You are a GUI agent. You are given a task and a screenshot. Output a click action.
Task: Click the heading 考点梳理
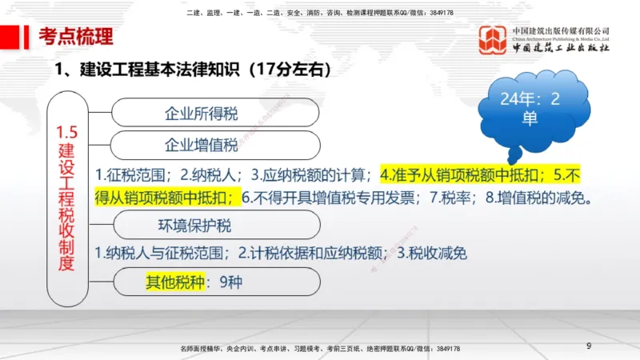tap(77, 36)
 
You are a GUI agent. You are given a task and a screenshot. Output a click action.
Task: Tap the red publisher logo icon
tap(493, 40)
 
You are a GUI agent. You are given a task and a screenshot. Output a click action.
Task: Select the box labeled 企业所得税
tap(201, 113)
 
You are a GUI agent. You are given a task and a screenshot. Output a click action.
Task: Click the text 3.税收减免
tap(432, 254)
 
